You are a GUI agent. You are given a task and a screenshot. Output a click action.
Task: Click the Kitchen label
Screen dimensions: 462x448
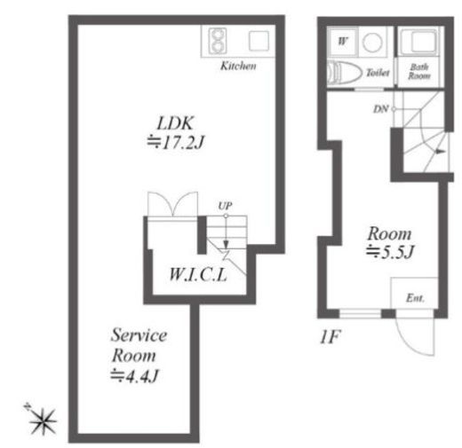pos(238,66)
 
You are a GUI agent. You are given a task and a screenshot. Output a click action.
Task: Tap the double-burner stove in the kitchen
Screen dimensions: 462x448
pos(218,41)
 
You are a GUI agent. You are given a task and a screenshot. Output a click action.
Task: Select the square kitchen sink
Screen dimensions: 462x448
pos(259,41)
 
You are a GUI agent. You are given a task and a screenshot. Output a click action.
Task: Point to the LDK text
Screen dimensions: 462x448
pos(175,123)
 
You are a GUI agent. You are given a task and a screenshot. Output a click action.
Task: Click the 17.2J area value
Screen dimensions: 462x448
pos(176,143)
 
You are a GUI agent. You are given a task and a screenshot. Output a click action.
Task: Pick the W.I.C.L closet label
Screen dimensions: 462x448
pos(198,274)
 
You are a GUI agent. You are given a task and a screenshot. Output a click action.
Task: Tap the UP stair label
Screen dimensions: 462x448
pos(225,206)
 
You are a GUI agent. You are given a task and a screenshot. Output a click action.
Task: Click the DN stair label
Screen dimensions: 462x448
pos(380,109)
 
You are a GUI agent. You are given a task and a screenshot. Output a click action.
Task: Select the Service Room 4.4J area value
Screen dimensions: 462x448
pos(135,376)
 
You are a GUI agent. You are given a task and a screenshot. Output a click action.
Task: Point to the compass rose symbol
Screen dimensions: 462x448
pos(43,420)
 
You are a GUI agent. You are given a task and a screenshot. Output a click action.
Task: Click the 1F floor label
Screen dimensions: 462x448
pos(330,336)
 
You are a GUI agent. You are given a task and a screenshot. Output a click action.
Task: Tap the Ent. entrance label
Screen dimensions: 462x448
pos(415,298)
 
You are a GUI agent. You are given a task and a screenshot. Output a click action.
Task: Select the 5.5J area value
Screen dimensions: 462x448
pos(390,252)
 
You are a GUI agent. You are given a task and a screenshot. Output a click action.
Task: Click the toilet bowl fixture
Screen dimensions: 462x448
pos(345,72)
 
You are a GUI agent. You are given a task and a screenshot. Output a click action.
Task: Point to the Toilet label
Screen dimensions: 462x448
pos(378,73)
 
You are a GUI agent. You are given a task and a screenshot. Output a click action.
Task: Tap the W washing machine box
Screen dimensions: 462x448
pos(342,41)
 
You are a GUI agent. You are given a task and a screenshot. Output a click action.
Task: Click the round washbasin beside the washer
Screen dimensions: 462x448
pos(372,42)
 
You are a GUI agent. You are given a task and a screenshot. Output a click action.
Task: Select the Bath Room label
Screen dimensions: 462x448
pos(418,71)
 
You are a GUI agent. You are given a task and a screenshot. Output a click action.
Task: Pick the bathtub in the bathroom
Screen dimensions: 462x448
pos(419,41)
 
